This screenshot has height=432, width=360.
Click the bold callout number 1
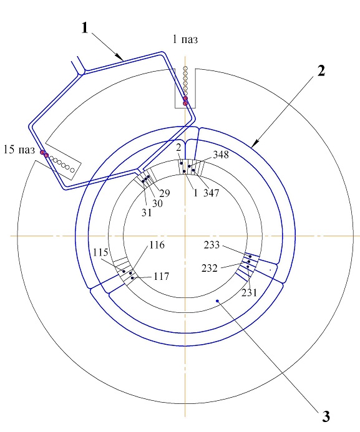[85, 28]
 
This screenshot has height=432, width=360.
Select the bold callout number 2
[321, 71]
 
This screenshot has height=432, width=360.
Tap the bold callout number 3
[326, 416]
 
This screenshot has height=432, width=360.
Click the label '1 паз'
[185, 39]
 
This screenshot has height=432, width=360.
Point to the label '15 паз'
[19, 150]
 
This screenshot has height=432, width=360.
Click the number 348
[221, 155]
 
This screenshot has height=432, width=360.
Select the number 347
[211, 193]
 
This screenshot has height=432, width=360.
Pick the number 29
[165, 193]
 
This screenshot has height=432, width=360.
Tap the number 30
[157, 203]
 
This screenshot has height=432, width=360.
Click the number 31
[147, 213]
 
